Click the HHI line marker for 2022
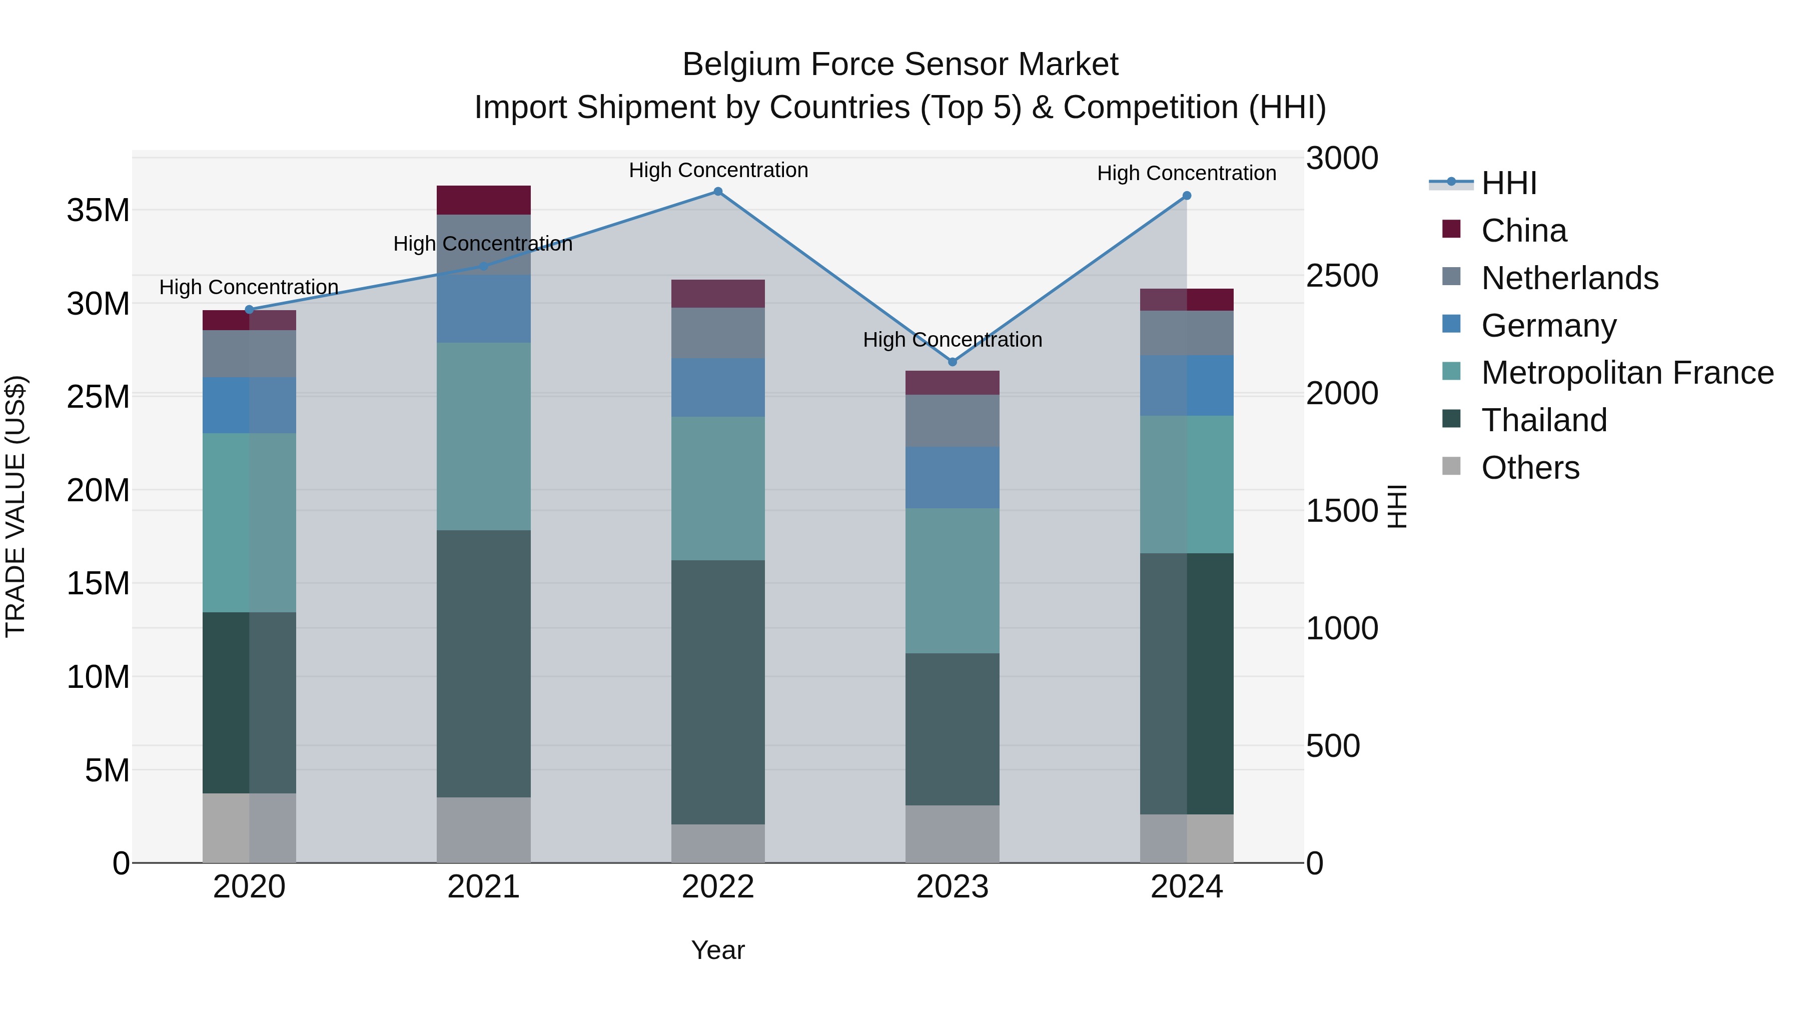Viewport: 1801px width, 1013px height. [718, 192]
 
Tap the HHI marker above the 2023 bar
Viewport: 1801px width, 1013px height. [952, 362]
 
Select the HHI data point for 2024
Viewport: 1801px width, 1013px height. [1187, 196]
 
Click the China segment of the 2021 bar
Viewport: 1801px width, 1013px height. [484, 200]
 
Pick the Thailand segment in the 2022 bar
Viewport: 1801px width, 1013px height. [718, 692]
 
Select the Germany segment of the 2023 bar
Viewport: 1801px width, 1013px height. [952, 478]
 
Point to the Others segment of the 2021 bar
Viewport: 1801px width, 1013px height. [484, 830]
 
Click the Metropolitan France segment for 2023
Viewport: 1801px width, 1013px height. [952, 581]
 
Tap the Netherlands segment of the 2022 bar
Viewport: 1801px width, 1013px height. [718, 333]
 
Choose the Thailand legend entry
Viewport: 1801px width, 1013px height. [1544, 420]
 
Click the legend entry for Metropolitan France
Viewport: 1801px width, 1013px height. [1627, 373]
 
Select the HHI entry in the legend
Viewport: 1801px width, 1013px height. [1509, 183]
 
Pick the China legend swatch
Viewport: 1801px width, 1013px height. [1451, 229]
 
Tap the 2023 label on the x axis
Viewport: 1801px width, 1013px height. [952, 887]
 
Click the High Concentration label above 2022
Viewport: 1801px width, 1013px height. [718, 170]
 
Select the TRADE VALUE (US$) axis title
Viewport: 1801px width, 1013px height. [16, 506]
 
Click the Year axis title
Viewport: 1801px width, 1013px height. [718, 950]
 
